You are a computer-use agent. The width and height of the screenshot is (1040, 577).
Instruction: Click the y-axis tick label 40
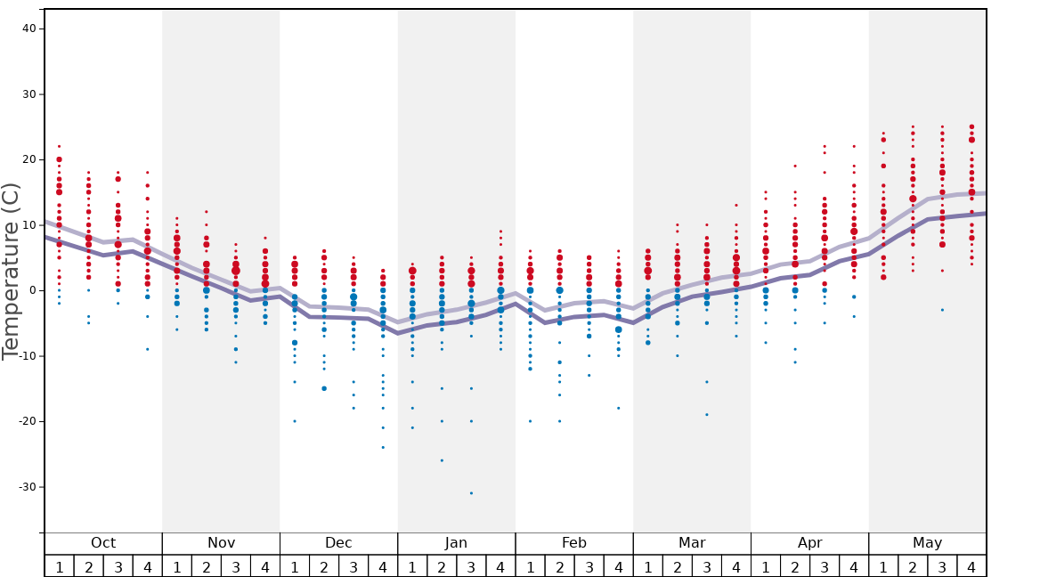point(28,28)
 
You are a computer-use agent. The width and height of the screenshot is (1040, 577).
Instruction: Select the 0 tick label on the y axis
point(31,290)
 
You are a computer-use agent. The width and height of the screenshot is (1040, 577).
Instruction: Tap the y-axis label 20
point(28,159)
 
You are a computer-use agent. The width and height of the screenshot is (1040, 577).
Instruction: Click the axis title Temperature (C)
point(11,272)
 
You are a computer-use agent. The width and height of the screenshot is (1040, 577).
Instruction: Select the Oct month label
point(103,543)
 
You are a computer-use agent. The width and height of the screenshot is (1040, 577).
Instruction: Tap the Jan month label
point(456,543)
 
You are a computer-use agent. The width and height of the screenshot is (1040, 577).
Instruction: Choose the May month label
point(927,543)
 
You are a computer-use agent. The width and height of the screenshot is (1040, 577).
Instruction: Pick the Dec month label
point(338,543)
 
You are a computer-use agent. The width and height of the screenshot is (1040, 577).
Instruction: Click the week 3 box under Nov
point(236,566)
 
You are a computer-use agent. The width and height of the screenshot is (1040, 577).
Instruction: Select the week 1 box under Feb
point(530,566)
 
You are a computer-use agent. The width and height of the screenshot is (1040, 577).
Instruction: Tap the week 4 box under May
point(971,566)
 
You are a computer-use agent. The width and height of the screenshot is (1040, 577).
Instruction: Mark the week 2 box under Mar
point(677,566)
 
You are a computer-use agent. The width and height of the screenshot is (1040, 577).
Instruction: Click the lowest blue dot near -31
point(471,493)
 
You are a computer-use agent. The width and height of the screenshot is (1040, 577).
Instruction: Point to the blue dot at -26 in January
point(442,460)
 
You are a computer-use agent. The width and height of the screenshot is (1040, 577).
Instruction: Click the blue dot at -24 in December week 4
point(383,447)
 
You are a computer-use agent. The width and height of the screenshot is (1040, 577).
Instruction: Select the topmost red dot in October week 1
point(59,146)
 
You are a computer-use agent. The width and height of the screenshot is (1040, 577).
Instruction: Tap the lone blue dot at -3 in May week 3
point(942,310)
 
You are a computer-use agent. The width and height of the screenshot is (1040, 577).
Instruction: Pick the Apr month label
point(809,543)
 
